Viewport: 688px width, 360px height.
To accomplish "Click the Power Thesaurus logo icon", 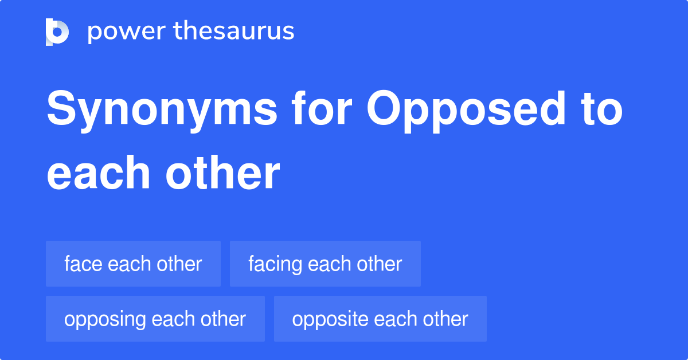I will coord(57,32).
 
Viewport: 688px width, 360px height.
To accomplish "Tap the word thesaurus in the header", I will coord(234,32).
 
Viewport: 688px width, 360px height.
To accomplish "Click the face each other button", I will coord(133,264).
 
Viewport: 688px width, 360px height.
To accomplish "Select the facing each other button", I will coord(325,264).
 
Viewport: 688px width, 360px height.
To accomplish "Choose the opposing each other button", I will coord(155,319).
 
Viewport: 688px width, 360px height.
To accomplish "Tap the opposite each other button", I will coord(380,319).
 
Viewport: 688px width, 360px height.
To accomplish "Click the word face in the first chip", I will coord(83,264).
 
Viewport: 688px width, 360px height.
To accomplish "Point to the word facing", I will coord(275,264).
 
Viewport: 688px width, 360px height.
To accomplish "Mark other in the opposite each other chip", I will coord(446,319).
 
